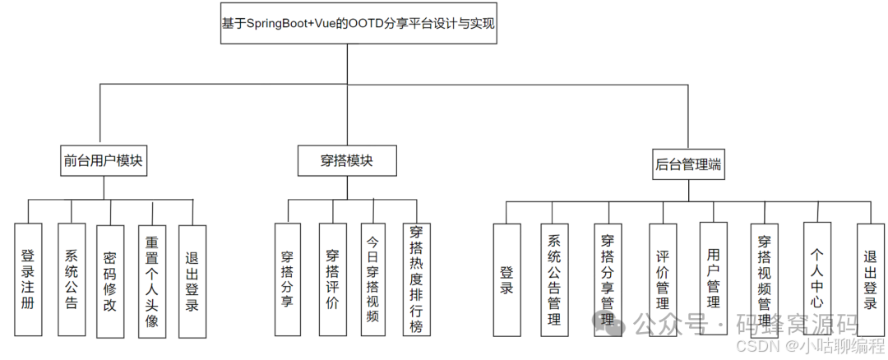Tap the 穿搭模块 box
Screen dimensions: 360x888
tap(346, 160)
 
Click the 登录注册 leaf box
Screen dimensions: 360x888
tap(29, 280)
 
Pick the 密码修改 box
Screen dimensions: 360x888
tap(109, 280)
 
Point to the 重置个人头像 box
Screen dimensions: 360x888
tap(152, 282)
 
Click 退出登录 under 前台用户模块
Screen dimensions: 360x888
tap(192, 282)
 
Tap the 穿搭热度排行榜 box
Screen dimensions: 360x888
tap(416, 279)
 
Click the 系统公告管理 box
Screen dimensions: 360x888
tap(555, 279)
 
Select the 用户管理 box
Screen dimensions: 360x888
tap(714, 279)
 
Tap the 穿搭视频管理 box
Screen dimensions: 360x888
tap(765, 279)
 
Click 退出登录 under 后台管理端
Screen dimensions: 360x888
tap(870, 279)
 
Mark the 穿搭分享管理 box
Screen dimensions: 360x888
tap(608, 279)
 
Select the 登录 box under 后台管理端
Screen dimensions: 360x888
tap(506, 279)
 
